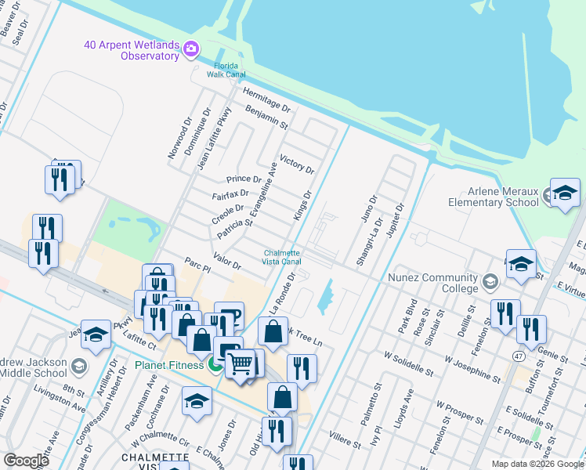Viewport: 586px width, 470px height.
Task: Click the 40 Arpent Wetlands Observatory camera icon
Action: click(190, 51)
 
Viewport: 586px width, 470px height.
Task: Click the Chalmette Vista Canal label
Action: click(282, 256)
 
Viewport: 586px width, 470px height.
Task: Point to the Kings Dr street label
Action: click(302, 205)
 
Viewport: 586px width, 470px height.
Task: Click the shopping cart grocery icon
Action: click(241, 363)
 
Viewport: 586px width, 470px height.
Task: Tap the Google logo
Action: click(27, 461)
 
